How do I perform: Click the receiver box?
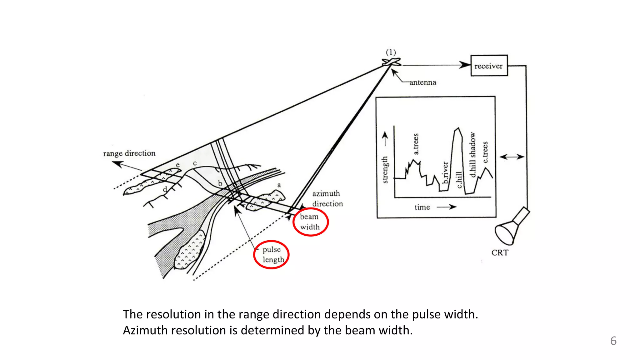point(489,66)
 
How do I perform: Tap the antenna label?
point(422,82)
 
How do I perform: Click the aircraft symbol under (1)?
point(392,62)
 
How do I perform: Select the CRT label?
point(500,252)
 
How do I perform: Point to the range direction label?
point(129,153)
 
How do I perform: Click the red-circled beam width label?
point(310,222)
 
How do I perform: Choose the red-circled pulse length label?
point(272,254)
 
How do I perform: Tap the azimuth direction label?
point(327,199)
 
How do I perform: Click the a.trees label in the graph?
point(416,144)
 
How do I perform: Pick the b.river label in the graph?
point(446,172)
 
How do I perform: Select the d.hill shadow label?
point(473,155)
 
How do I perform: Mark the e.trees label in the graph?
point(485,152)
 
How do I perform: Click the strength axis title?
point(385,169)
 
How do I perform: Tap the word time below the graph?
point(422,207)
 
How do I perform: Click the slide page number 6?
point(613,341)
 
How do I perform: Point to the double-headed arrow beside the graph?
point(512,157)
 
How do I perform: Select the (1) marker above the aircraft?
point(391,52)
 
